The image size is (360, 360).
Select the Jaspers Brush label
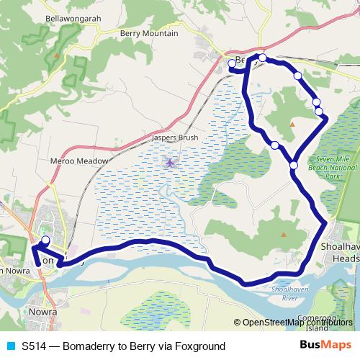pos(174,137)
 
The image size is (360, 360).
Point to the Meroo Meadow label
pos(80,161)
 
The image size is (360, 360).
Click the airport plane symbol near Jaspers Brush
pos(170,162)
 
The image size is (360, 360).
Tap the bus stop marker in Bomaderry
pos(45,240)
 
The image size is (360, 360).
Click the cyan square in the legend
pos(9,346)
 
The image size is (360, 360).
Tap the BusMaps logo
pos(328,346)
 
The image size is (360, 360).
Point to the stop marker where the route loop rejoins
pos(294,166)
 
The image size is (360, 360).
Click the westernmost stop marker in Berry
pos(232,63)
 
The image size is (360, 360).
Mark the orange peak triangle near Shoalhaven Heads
pos(284,234)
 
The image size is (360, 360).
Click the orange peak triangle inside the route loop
pos(292,125)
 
